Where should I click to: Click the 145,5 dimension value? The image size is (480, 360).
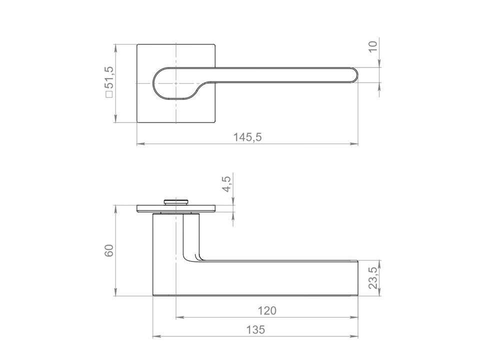pos(247,137)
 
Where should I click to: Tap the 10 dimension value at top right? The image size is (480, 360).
pos(373,46)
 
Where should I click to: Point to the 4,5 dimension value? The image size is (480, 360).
pos(228,183)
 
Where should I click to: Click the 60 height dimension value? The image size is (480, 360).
pos(109,250)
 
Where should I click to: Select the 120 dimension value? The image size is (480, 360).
pos(267,310)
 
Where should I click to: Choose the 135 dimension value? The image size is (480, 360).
pos(255,330)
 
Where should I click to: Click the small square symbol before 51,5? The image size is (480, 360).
pos(109,95)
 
